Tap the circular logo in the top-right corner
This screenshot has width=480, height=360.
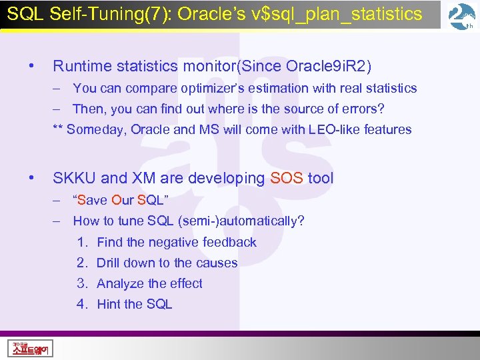pos(462,17)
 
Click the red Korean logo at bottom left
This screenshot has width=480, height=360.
pos(31,347)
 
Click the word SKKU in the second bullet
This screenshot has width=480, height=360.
pos(75,178)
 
